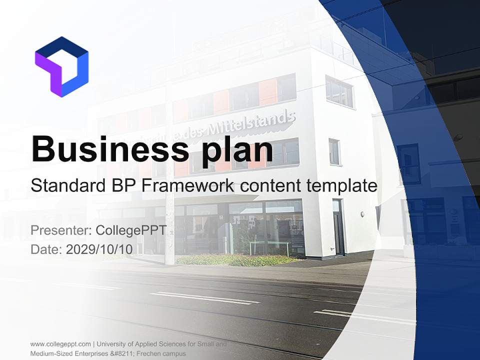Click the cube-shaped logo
[61, 66]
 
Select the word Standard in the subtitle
[65, 186]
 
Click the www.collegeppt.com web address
[60, 344]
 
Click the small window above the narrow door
[334, 151]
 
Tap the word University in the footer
[111, 344]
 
